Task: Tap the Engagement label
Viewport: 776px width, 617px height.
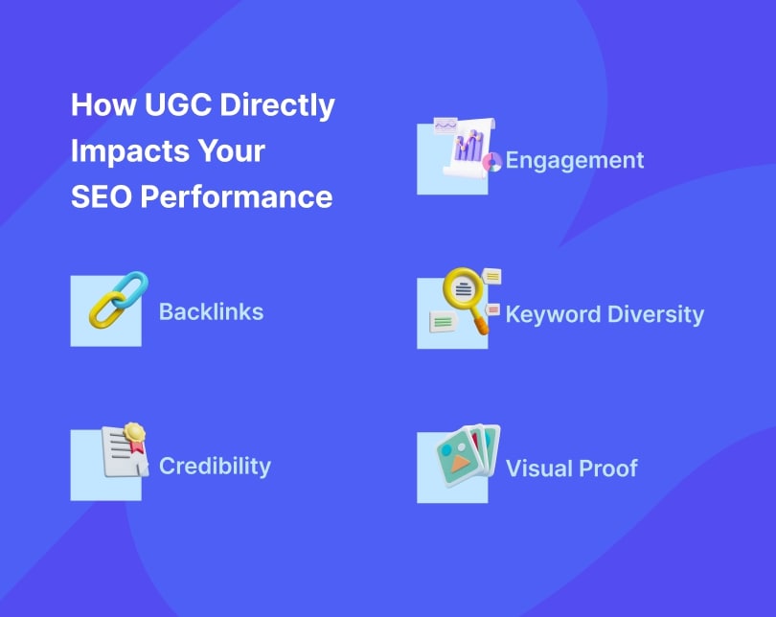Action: (x=575, y=160)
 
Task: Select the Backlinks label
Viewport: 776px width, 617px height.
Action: (x=211, y=311)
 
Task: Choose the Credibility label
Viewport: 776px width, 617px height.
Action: (x=215, y=466)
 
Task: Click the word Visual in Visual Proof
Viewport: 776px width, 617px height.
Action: (x=536, y=468)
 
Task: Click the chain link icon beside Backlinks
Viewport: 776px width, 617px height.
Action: (x=117, y=300)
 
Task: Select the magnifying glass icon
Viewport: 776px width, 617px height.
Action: (x=464, y=288)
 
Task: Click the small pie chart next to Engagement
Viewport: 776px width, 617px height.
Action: (x=492, y=162)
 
